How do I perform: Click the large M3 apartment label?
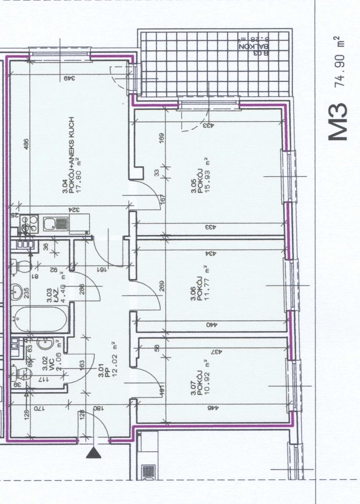[337, 121]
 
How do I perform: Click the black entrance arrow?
[93, 453]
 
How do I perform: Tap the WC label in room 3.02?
[46, 361]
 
